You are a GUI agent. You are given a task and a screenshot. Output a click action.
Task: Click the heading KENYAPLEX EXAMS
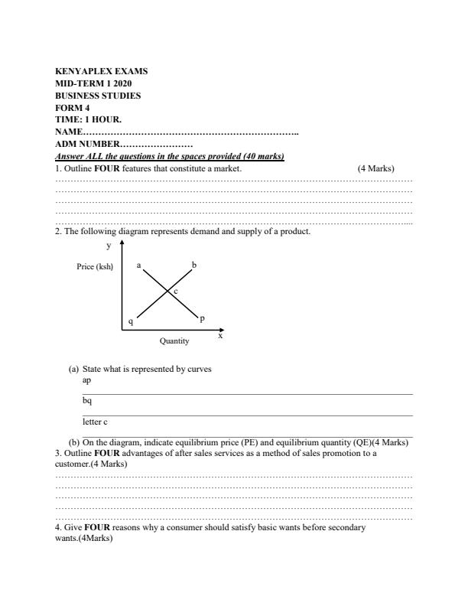(102, 71)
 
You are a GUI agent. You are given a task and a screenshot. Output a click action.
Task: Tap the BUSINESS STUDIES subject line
(98, 96)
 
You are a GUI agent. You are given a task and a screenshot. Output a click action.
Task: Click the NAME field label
(69, 132)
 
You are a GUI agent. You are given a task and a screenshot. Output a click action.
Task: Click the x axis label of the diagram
(220, 335)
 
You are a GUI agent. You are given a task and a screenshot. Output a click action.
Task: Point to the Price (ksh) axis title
(95, 266)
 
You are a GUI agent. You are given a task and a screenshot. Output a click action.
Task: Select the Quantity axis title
(174, 341)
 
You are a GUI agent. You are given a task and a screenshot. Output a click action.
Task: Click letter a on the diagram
(138, 266)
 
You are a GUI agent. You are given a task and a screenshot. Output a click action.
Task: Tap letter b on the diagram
(194, 265)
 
